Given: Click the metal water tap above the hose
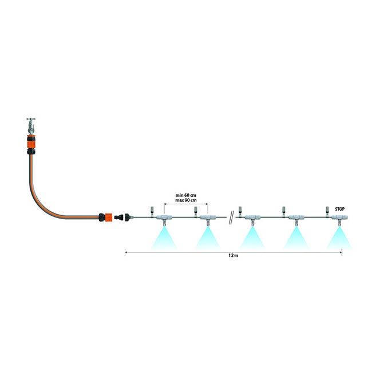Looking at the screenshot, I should pyautogui.click(x=30, y=125).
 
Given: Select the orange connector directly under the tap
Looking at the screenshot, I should pyautogui.click(x=30, y=144).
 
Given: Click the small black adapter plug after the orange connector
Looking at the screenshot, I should pyautogui.click(x=122, y=218).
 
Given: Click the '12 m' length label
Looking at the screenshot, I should pyautogui.click(x=232, y=258).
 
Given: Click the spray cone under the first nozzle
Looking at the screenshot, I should pyautogui.click(x=164, y=238).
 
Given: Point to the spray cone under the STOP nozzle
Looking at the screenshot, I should pyautogui.click(x=340, y=238).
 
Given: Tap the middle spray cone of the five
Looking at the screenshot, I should pyautogui.click(x=251, y=238).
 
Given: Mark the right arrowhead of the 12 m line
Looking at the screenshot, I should pyautogui.click(x=341, y=252).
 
